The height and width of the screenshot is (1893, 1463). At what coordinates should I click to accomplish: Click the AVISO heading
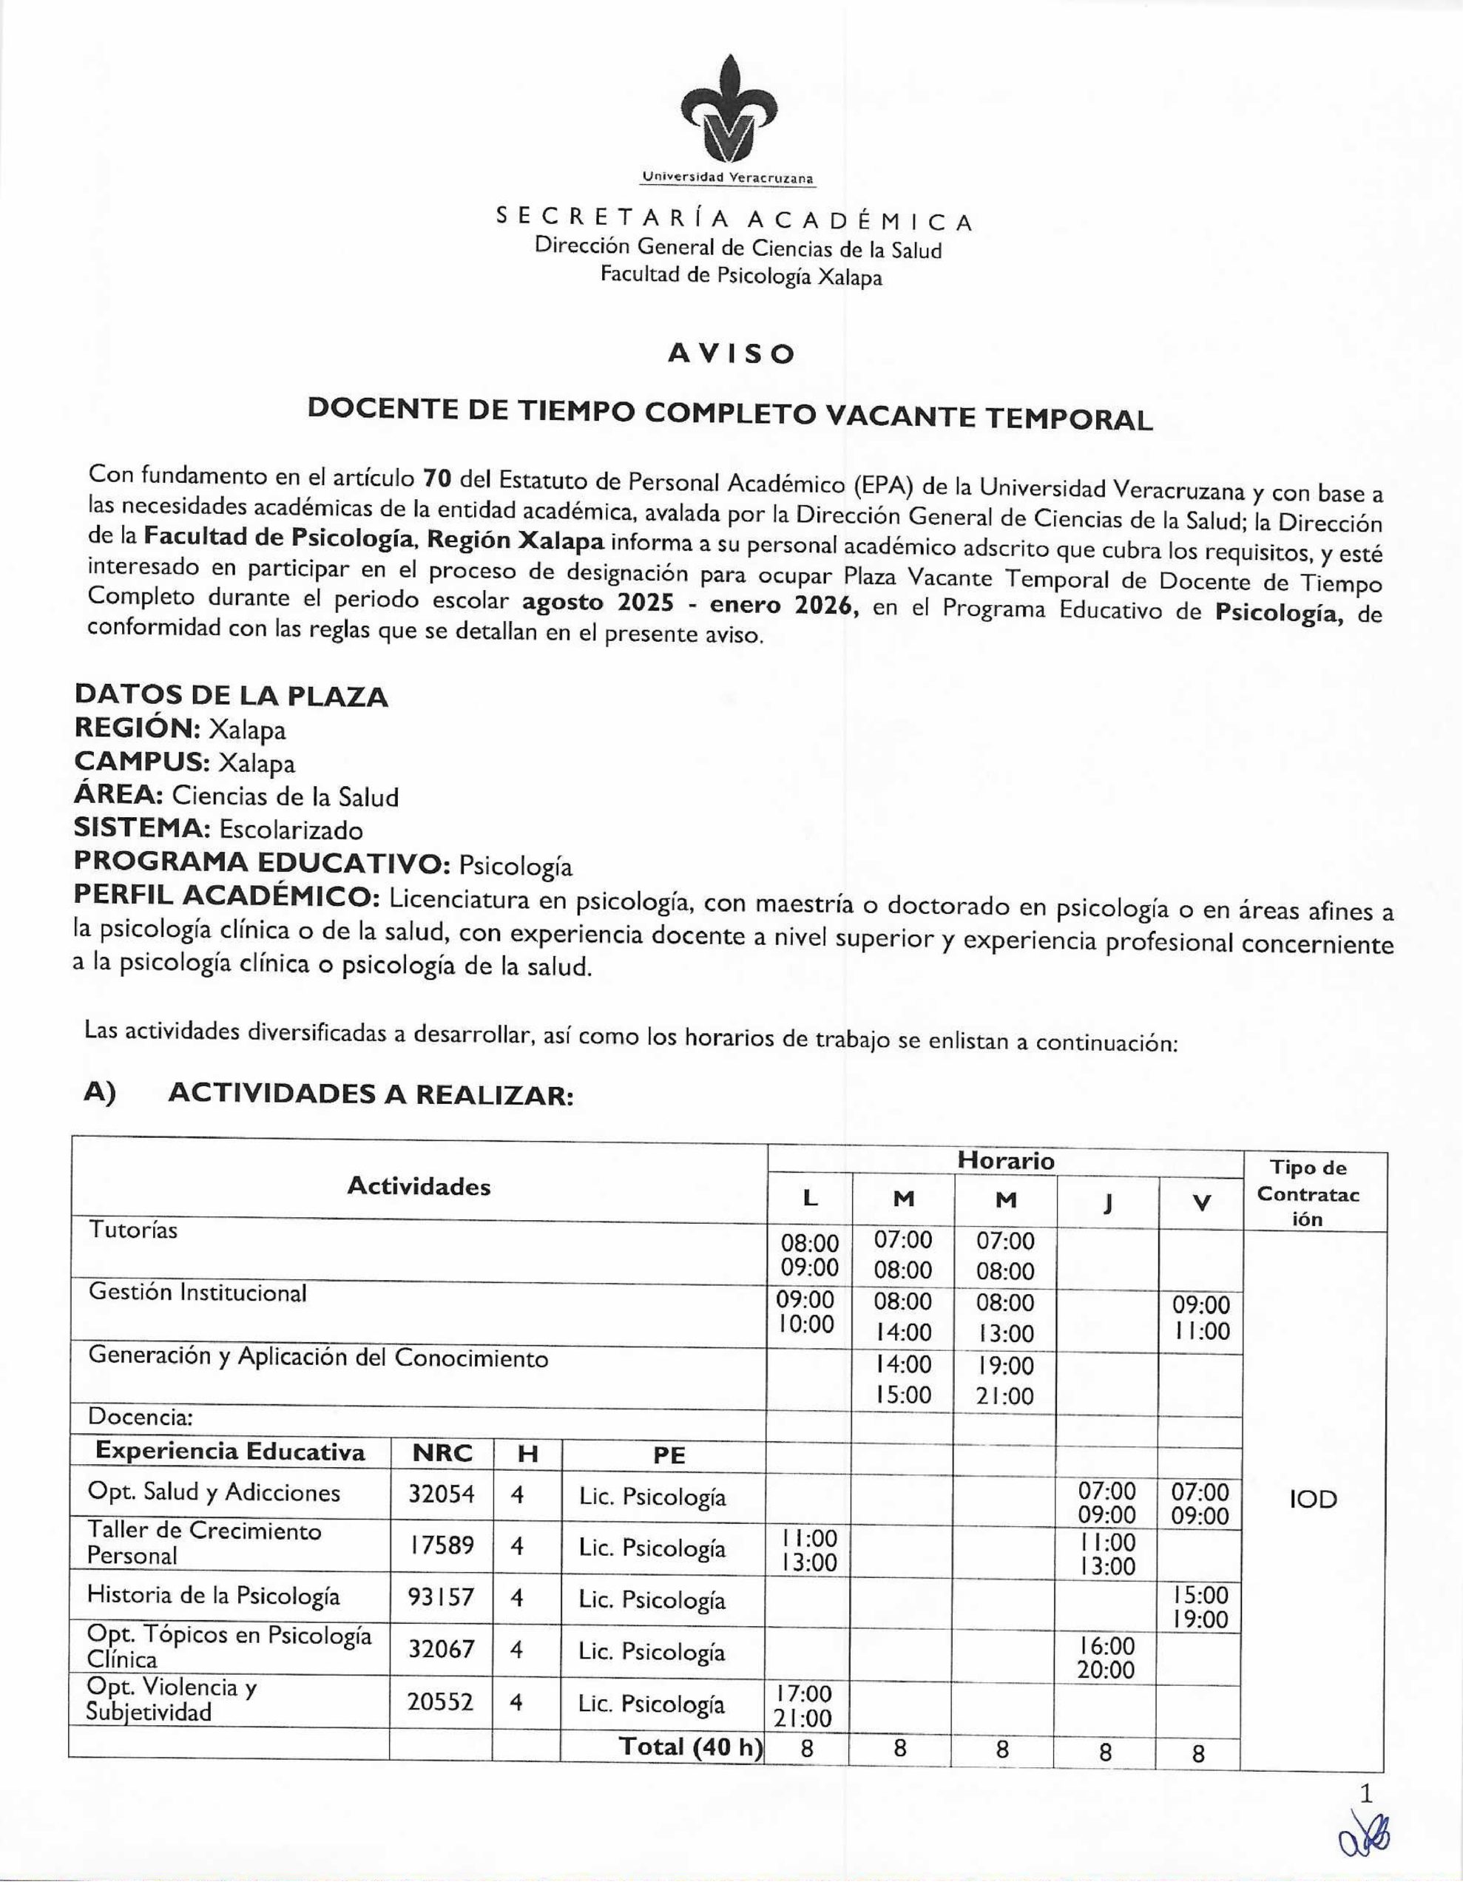point(730,353)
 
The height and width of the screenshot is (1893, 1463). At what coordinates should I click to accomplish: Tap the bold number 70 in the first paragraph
point(437,478)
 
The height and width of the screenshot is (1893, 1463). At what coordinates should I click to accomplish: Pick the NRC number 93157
point(442,1596)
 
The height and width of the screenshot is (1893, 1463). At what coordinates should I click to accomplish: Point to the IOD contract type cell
point(1313,1500)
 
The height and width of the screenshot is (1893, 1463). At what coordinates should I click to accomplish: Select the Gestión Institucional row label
point(197,1293)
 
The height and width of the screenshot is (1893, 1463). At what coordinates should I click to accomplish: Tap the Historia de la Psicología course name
point(213,1596)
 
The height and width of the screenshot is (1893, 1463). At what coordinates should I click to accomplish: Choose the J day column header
point(1106,1202)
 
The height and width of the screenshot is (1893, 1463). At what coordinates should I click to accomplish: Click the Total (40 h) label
point(689,1747)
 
